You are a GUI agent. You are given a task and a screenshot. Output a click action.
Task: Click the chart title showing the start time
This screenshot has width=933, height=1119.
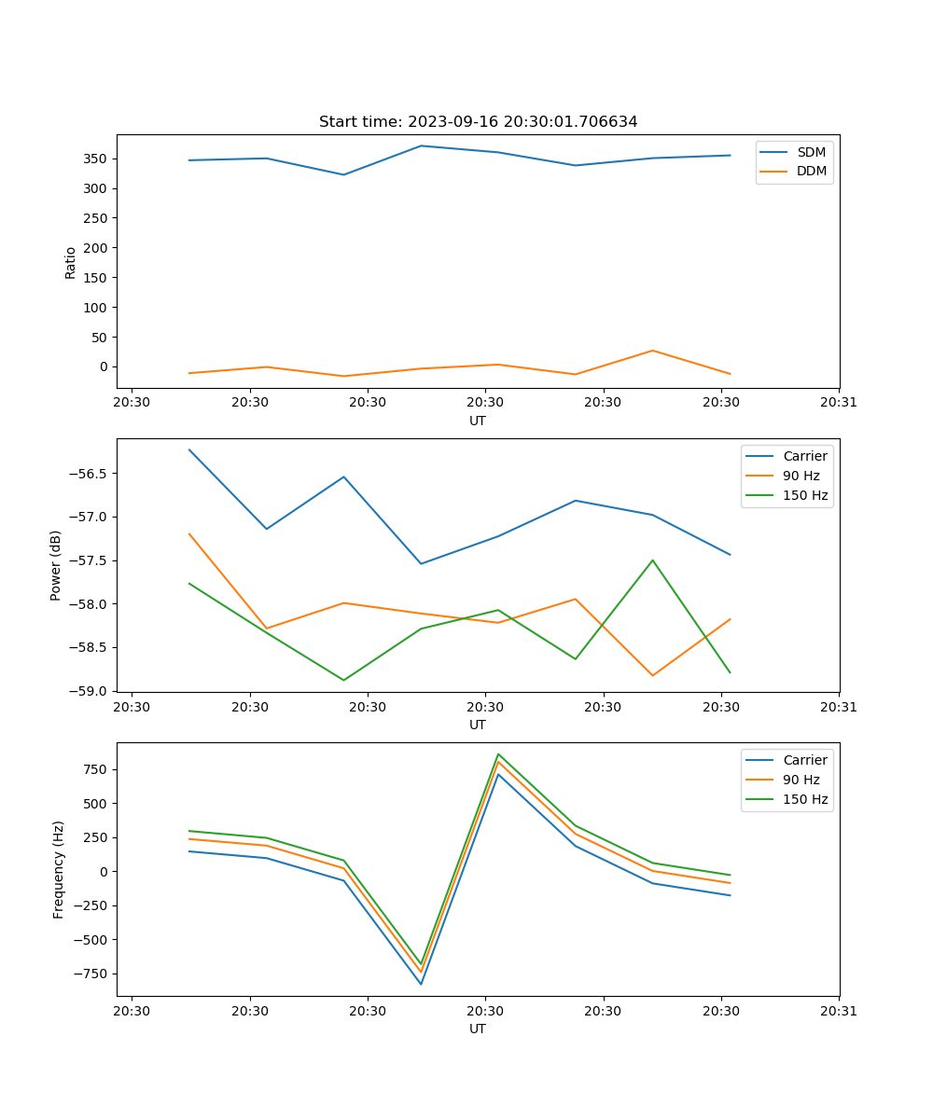point(478,122)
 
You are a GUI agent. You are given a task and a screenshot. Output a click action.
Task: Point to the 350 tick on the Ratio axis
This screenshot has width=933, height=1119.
point(100,159)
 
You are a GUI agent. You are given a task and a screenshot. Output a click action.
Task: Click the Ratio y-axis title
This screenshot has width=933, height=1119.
point(71,262)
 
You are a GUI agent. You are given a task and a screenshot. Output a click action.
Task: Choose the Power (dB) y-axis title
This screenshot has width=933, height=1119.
point(56,565)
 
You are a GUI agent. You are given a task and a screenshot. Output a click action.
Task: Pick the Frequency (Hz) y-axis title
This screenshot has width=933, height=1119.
point(59,869)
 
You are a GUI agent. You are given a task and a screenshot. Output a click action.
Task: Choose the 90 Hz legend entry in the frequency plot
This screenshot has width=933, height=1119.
point(801,780)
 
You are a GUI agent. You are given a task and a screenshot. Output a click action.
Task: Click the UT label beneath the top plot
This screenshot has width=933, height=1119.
point(478,421)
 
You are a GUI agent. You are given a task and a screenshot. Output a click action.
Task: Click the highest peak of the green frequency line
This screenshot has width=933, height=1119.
point(498,753)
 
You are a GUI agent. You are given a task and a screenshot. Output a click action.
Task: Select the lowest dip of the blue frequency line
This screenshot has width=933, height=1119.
point(421,984)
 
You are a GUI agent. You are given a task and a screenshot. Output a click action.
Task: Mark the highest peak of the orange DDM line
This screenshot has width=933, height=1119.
point(652,351)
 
